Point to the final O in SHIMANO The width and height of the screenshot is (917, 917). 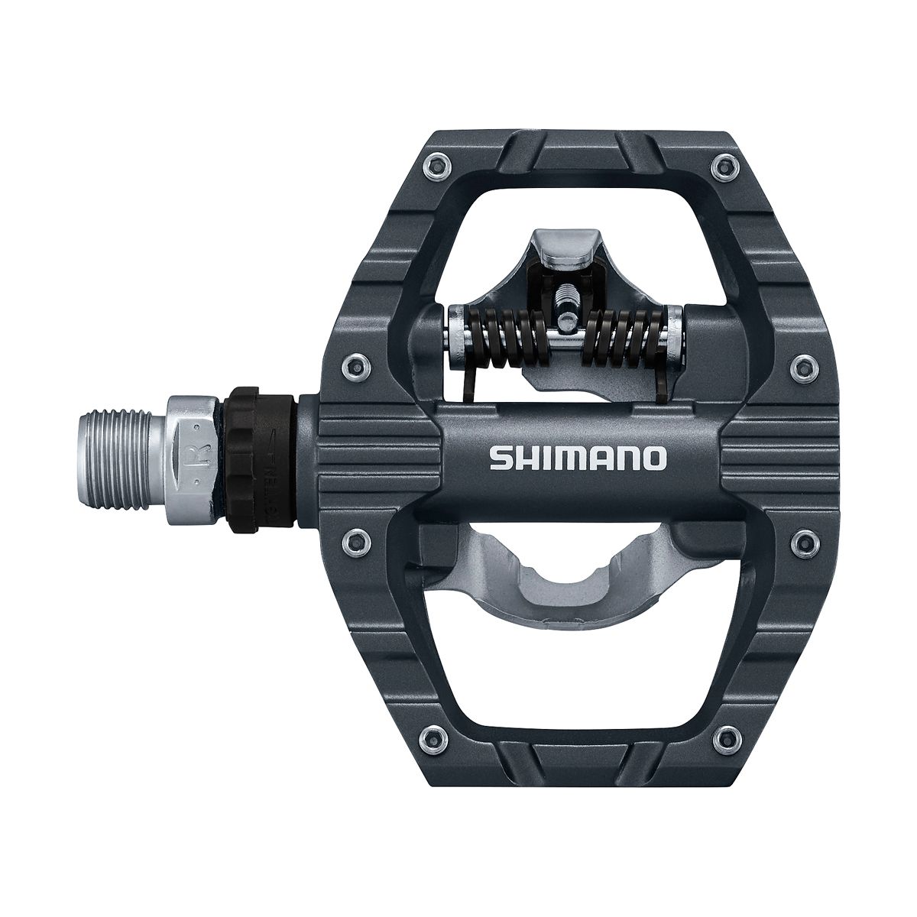654,458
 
